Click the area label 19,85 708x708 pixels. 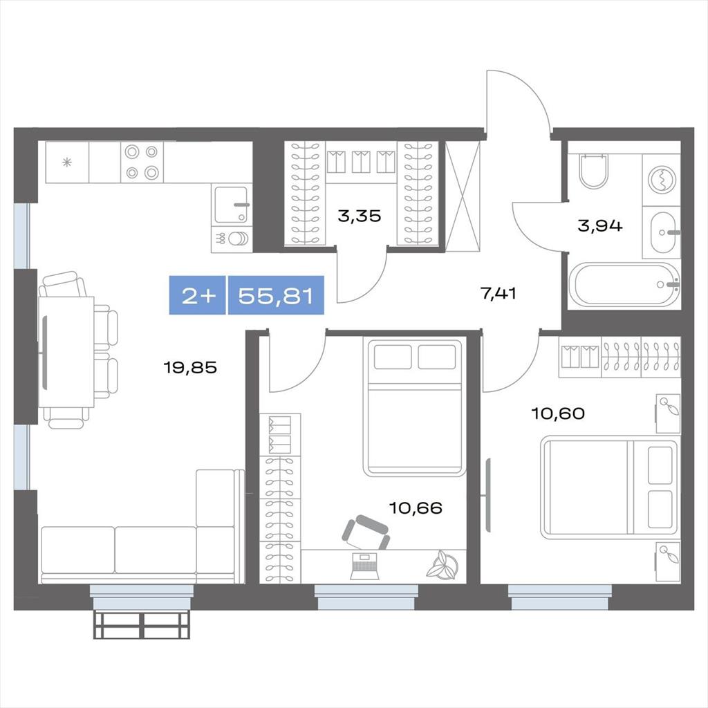[190, 368]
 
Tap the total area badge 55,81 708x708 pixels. [276, 296]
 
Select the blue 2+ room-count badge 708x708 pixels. [197, 296]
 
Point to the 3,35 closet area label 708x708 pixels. [360, 216]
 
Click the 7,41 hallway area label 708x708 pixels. [498, 293]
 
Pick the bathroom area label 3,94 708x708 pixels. [600, 225]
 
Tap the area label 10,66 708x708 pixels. [416, 508]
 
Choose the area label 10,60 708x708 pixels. [559, 413]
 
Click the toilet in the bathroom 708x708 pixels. [594, 171]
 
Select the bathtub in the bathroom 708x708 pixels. [624, 284]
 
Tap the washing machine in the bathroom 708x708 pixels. [662, 180]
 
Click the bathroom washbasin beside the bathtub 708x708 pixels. [663, 232]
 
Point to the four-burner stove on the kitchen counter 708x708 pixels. [142, 162]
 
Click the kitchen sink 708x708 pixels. [231, 205]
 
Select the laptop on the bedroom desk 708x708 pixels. [364, 566]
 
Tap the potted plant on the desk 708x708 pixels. [442, 564]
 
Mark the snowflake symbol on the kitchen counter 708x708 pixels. [67, 162]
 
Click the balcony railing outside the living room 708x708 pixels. [142, 625]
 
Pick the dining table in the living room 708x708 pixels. [66, 352]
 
